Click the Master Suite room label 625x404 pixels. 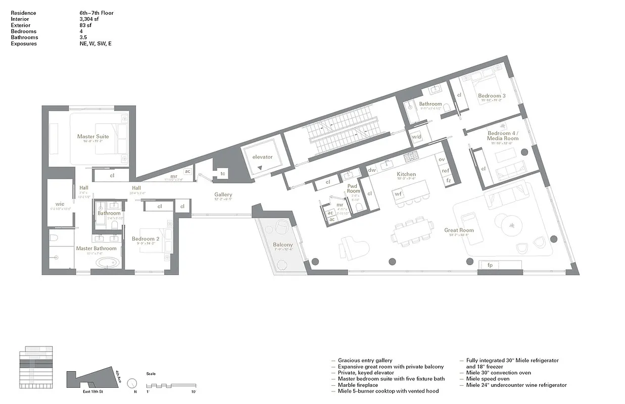pyautogui.click(x=93, y=136)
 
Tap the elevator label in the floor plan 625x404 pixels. pyautogui.click(x=262, y=157)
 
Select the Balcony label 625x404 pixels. pyautogui.click(x=283, y=245)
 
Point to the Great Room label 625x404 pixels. pyautogui.click(x=459, y=230)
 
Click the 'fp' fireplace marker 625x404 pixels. pyautogui.click(x=490, y=265)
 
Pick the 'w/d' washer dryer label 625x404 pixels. pyautogui.click(x=417, y=137)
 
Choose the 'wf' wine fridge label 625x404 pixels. pyautogui.click(x=398, y=193)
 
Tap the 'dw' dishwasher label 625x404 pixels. pyautogui.click(x=372, y=170)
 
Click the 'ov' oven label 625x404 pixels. pyautogui.click(x=442, y=160)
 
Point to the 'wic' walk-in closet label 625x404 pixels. pyautogui.click(x=60, y=205)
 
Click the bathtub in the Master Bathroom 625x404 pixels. pyautogui.click(x=108, y=263)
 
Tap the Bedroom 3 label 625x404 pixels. pyautogui.click(x=492, y=96)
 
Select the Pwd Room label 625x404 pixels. pyautogui.click(x=353, y=188)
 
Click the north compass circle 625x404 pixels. pyautogui.click(x=132, y=383)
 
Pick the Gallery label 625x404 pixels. pyautogui.click(x=223, y=194)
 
